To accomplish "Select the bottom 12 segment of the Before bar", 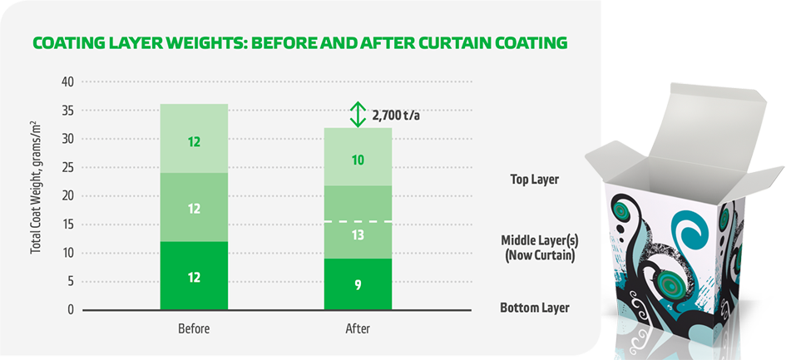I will (194, 276).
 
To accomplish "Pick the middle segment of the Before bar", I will (194, 209).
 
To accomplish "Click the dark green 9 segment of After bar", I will (358, 284).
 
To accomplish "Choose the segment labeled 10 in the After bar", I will (358, 160).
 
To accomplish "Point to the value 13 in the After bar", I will (358, 236).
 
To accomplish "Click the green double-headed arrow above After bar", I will (358, 114).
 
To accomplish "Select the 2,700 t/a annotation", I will (397, 115).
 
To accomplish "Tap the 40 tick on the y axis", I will (68, 82).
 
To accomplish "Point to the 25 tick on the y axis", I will (68, 168).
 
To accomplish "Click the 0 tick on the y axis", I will (71, 310).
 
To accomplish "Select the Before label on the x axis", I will (194, 328).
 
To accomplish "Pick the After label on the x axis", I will (358, 328).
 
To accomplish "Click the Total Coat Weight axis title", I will (36, 196).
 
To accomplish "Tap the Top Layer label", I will (535, 179).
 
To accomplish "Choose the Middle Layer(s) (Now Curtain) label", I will (540, 248).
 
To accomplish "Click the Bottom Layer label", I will (535, 308).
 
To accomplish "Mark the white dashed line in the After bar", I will (358, 221).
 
